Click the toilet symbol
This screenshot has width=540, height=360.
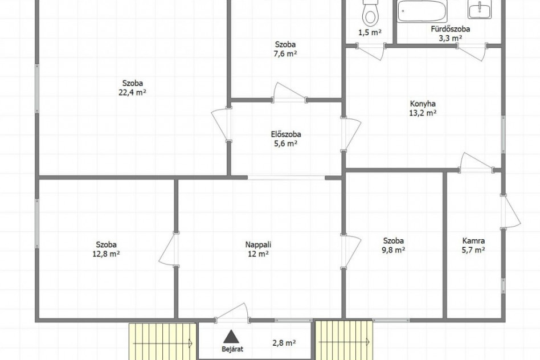click(x=370, y=13)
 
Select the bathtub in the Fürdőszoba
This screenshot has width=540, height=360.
click(x=422, y=11)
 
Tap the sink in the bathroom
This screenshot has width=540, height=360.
click(x=480, y=9)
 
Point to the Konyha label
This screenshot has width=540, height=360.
click(x=423, y=103)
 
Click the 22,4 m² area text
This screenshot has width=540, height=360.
click(x=133, y=92)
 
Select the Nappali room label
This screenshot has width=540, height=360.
click(x=258, y=244)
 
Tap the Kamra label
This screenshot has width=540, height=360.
click(x=473, y=241)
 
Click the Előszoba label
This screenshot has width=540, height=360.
click(x=286, y=134)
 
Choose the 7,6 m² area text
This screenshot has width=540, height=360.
click(x=285, y=54)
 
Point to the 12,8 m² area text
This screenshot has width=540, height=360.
click(x=106, y=254)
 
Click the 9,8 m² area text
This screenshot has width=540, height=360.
click(x=393, y=250)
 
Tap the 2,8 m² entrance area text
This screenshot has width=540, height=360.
click(x=284, y=343)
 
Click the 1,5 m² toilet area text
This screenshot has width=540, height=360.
click(x=370, y=32)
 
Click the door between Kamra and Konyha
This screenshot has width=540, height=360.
click(x=477, y=162)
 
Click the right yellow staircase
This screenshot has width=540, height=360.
click(x=343, y=340)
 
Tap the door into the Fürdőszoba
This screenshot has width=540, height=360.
click(x=472, y=52)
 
